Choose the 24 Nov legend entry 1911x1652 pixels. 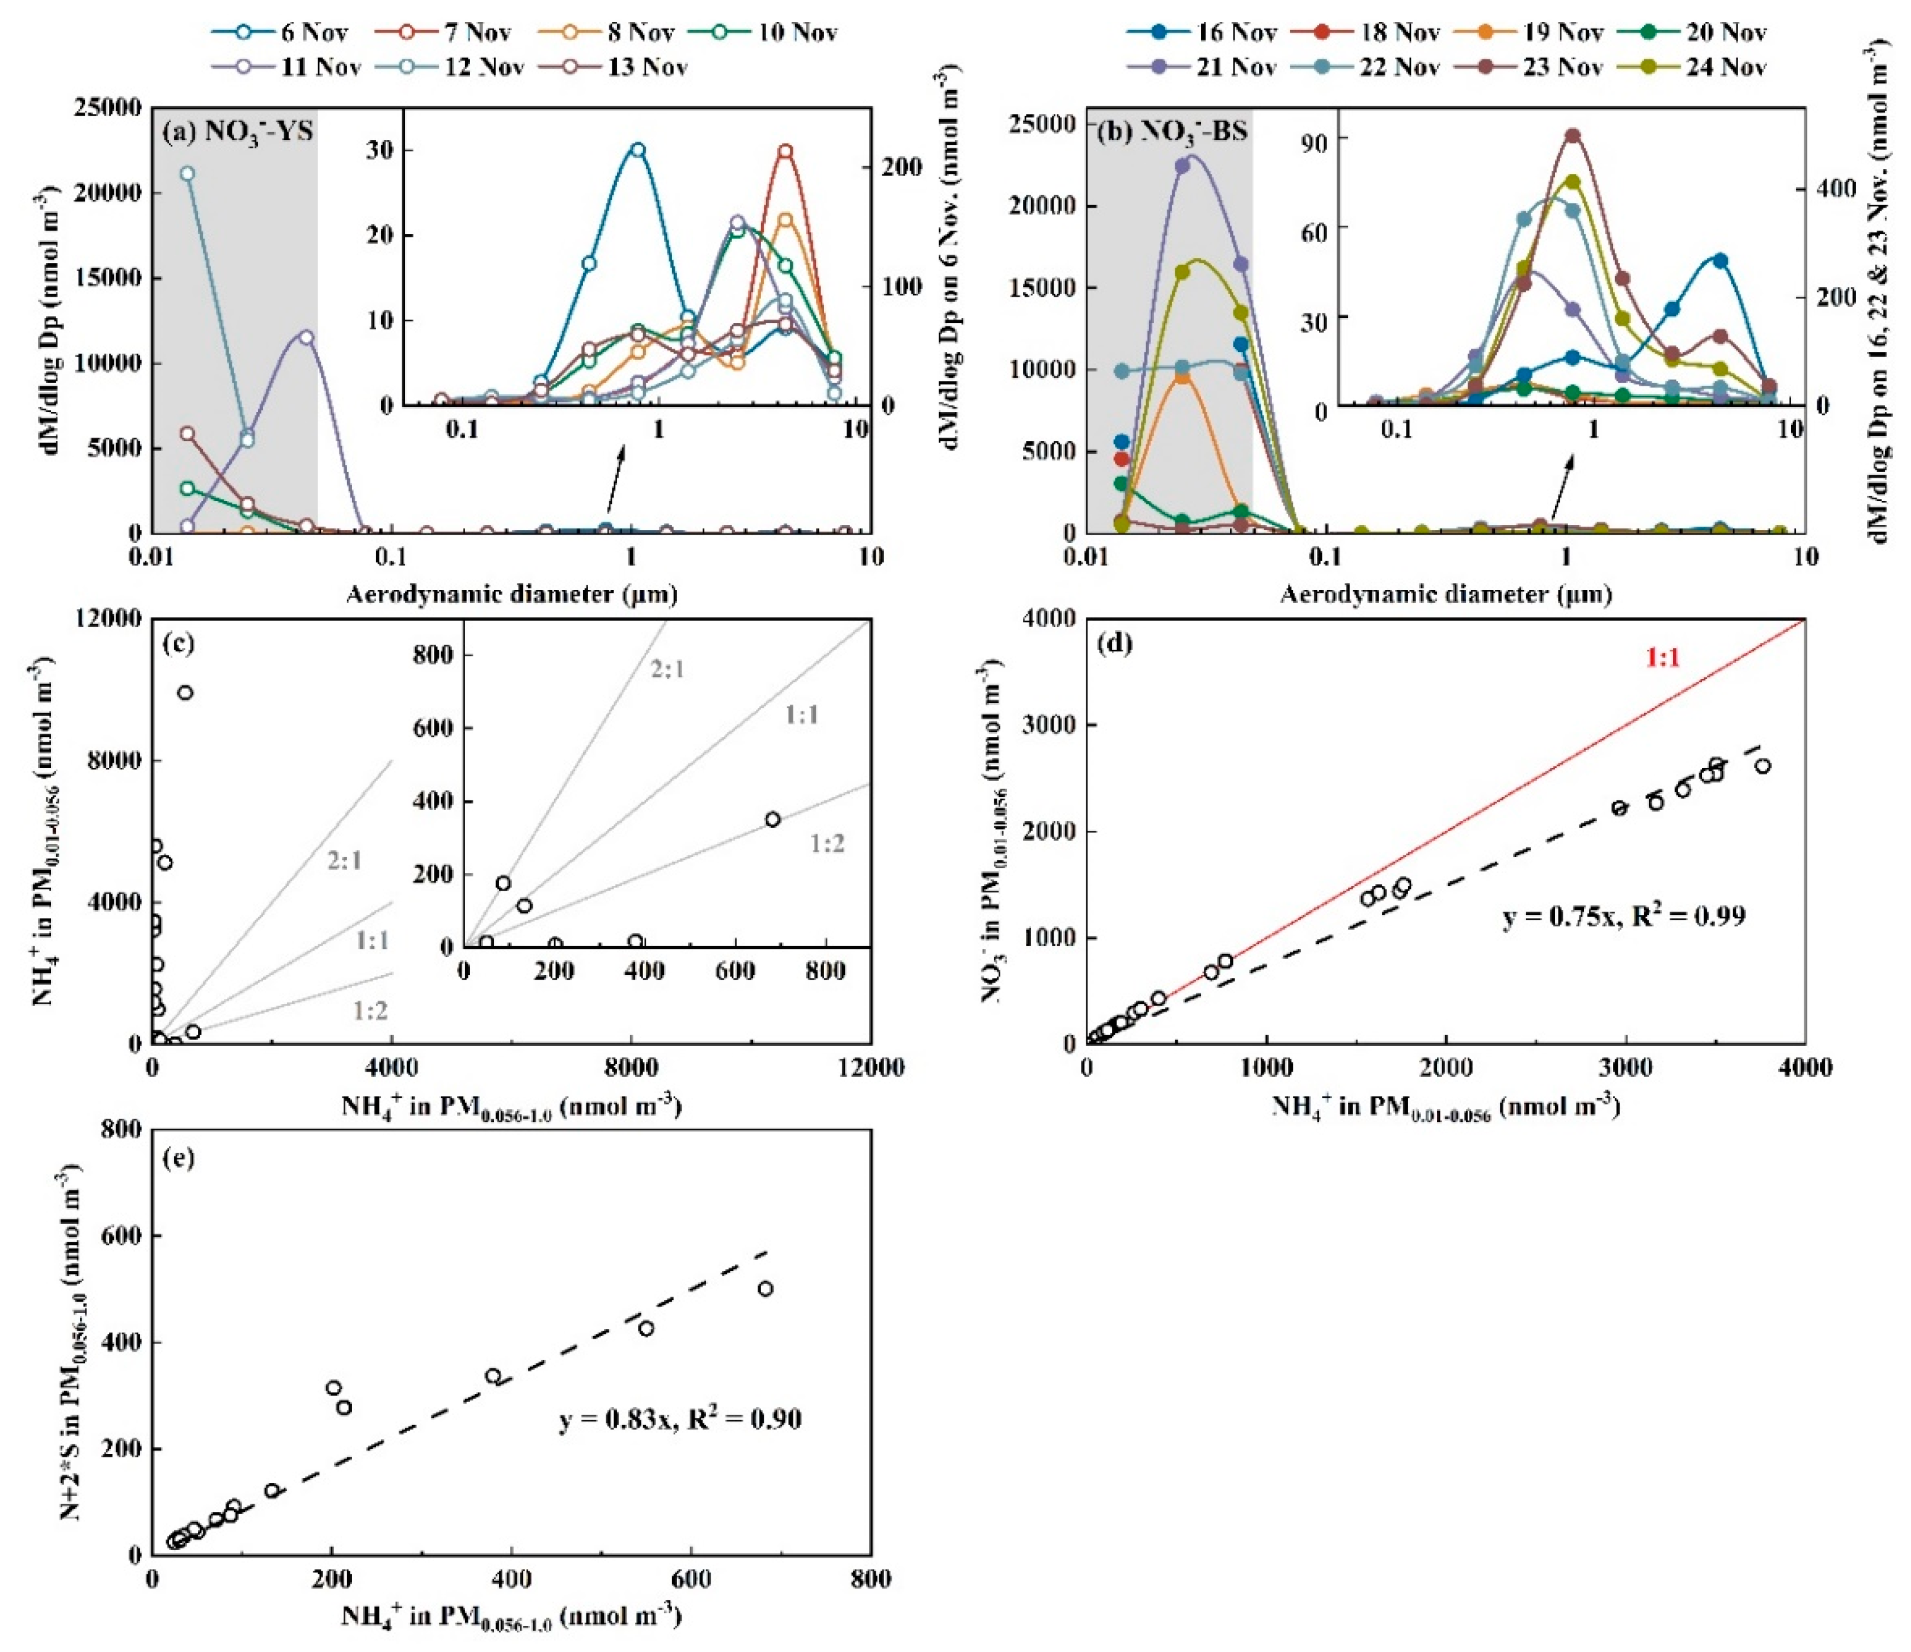tap(1725, 66)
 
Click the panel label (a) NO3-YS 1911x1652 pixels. tap(237, 131)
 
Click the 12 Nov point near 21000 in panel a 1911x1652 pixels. tap(187, 173)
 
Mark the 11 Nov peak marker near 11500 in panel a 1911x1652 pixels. tap(306, 338)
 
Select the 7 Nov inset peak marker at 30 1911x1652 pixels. tap(785, 151)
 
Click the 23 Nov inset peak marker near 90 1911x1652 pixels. tap(1572, 136)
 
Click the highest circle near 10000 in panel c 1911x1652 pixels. tap(185, 692)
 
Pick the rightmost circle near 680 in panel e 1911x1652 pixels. tap(765, 1289)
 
